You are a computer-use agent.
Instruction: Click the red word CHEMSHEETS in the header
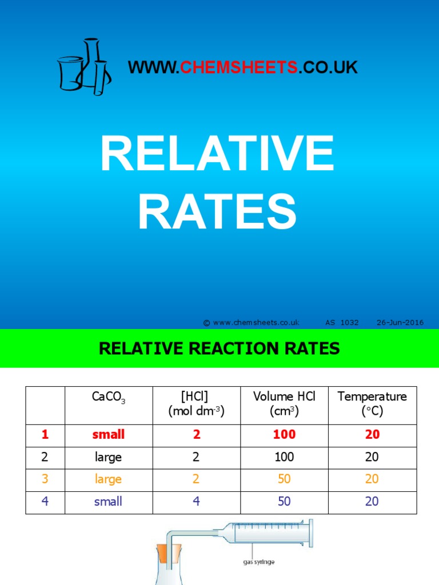coord(239,67)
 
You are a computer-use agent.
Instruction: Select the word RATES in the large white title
coord(217,211)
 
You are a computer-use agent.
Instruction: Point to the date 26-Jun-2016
coord(400,323)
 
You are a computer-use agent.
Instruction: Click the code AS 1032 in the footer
coord(342,323)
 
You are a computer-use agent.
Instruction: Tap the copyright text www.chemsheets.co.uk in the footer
coord(252,323)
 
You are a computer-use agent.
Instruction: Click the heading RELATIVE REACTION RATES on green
coord(219,348)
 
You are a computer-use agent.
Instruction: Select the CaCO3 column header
coord(109,398)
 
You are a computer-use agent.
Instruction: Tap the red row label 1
coord(45,435)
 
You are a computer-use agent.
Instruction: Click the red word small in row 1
coord(109,435)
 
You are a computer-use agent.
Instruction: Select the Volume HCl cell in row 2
coord(284,457)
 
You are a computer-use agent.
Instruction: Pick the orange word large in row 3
coord(109,479)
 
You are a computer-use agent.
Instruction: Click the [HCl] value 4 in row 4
coord(196,502)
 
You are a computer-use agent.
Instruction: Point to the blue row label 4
coord(45,502)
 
